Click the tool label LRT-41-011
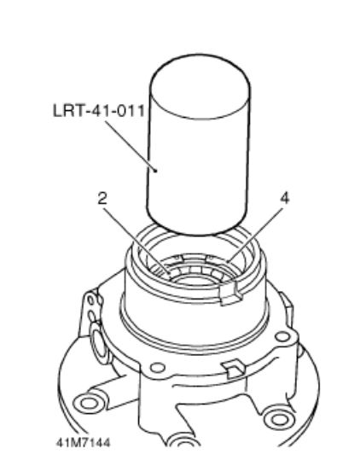[x=99, y=111]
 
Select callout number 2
[x=102, y=199]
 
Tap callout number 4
[x=285, y=198]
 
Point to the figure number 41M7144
[x=84, y=442]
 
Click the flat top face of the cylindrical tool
[x=200, y=87]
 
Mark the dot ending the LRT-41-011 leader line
[x=156, y=171]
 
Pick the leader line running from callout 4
[x=254, y=234]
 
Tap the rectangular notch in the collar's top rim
[x=230, y=294]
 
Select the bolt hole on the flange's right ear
[x=282, y=336]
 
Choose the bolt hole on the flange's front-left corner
[x=158, y=368]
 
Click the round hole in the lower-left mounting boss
[x=87, y=404]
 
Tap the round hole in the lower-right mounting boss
[x=277, y=419]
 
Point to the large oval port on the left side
[x=98, y=341]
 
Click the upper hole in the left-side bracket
[x=91, y=300]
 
